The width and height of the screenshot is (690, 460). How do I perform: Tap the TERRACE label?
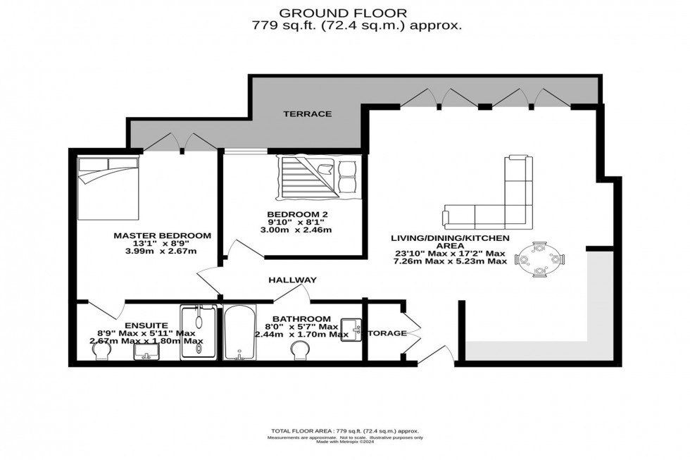pos(307,114)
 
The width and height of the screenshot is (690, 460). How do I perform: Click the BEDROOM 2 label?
pos(297,214)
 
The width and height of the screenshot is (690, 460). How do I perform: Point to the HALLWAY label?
pos(292,280)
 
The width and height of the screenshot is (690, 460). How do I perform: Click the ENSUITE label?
pos(146,325)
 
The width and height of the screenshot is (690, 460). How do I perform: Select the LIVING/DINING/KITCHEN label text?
pos(450,242)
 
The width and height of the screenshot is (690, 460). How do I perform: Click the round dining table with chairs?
pos(540,259)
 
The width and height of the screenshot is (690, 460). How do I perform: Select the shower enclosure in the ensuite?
pos(201,332)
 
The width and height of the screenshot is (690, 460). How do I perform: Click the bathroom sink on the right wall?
pos(352,326)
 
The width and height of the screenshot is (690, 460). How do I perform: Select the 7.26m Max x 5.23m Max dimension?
pos(450,261)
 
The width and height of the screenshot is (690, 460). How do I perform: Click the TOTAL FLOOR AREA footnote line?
pos(345,430)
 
